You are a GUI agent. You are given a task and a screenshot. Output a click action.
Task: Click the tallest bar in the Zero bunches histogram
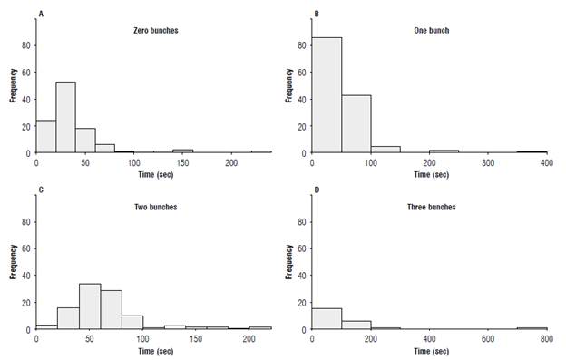(64, 117)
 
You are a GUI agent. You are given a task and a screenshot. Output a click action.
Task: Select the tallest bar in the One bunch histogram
(326, 95)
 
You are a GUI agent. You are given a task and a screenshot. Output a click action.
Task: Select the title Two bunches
(151, 207)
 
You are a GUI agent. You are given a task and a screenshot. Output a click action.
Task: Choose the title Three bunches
(431, 207)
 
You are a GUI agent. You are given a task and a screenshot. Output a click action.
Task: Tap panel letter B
(316, 15)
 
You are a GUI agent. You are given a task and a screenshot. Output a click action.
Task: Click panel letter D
(316, 191)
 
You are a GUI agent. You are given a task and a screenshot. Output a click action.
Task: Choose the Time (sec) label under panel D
(424, 352)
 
